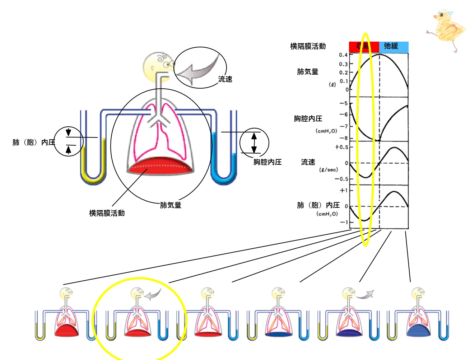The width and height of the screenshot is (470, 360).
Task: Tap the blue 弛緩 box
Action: tap(394, 46)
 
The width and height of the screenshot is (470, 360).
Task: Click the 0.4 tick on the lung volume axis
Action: tap(343, 55)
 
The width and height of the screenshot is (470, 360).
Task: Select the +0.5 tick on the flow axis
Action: tap(341, 147)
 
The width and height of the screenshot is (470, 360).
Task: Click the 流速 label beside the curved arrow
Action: tap(225, 79)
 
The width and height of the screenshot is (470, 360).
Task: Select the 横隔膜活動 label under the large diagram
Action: tap(107, 213)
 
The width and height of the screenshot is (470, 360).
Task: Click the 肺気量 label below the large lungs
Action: tap(171, 205)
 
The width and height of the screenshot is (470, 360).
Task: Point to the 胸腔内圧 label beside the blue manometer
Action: tap(267, 162)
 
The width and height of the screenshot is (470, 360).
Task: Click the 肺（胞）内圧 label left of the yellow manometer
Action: tap(34, 142)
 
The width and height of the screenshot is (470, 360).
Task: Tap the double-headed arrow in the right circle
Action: tap(254, 142)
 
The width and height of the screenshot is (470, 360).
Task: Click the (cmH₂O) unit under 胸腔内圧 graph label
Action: tap(326, 131)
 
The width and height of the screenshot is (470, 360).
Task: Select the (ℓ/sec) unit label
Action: tap(329, 170)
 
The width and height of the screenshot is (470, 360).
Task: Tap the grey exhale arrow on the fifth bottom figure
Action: tap(366, 294)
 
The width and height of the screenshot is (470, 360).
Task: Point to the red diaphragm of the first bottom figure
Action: tap(66, 331)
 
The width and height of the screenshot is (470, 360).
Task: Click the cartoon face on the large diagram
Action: tap(158, 66)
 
